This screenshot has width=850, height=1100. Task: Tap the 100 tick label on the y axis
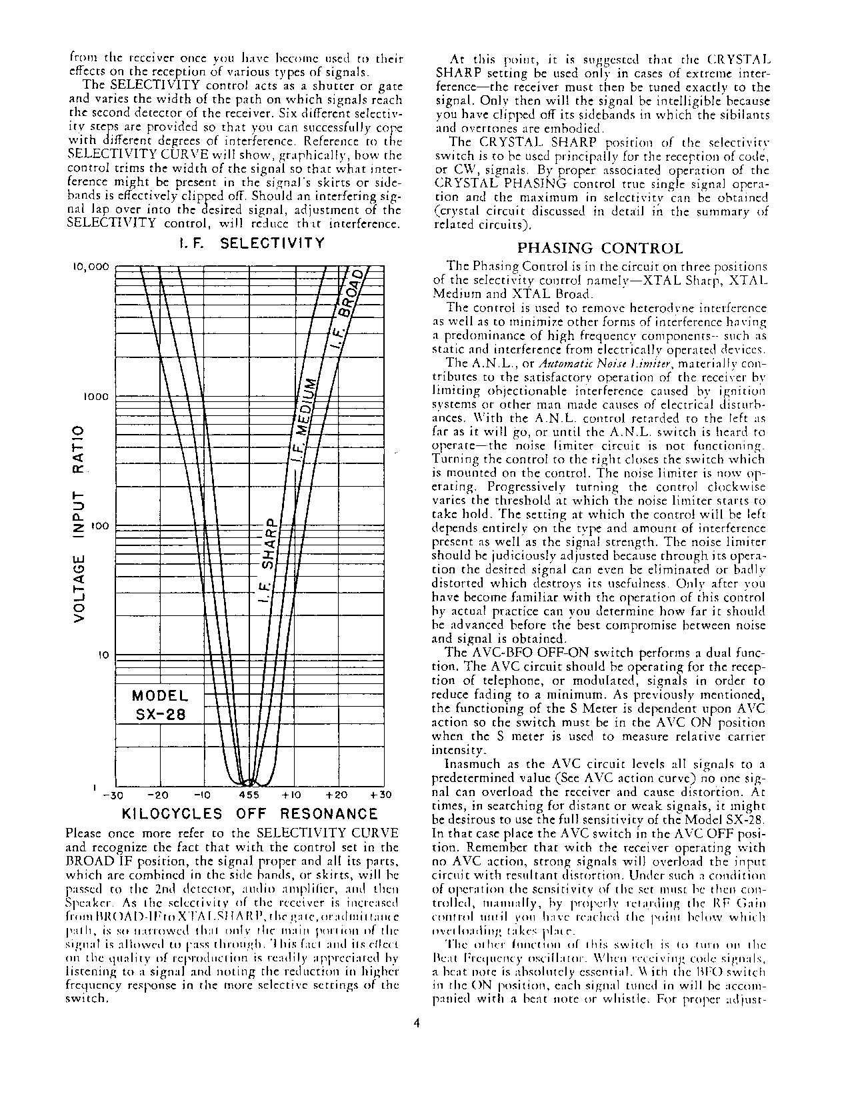pyautogui.click(x=100, y=527)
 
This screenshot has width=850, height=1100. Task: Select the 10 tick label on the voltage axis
pyautogui.click(x=104, y=656)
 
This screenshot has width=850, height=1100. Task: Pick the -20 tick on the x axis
pyautogui.click(x=158, y=795)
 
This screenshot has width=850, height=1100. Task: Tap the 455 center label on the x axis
pyautogui.click(x=249, y=795)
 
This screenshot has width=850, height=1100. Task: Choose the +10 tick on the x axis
pyautogui.click(x=293, y=795)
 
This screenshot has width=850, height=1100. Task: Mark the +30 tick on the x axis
pyautogui.click(x=381, y=795)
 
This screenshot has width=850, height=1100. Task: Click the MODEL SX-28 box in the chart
pyautogui.click(x=160, y=705)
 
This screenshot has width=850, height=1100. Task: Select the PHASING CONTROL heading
pyautogui.click(x=600, y=249)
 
